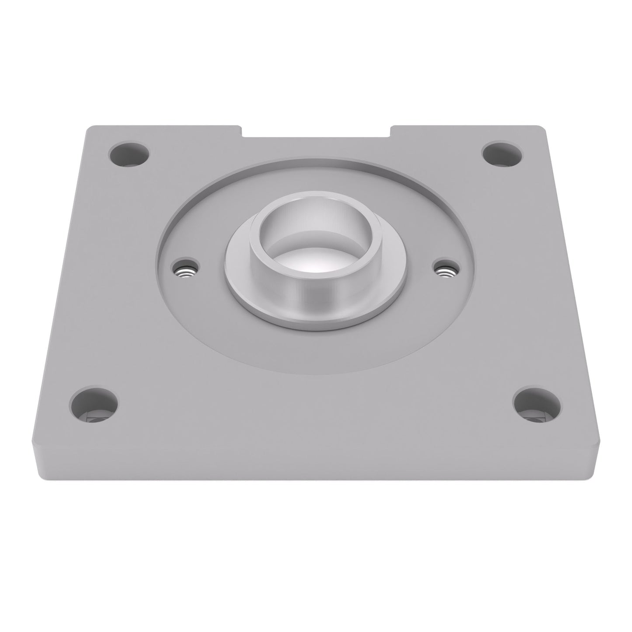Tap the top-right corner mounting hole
(502, 154)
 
